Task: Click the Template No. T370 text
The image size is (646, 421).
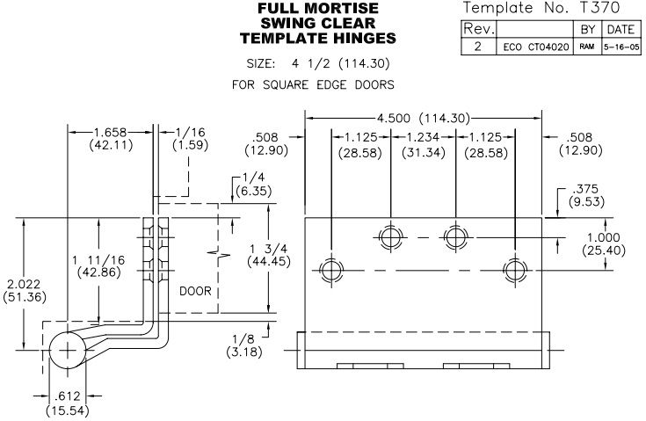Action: coord(541,7)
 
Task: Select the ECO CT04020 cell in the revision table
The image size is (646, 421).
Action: coord(536,47)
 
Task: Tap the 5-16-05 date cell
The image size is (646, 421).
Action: coord(621,47)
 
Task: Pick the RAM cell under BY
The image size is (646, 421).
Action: coord(587,47)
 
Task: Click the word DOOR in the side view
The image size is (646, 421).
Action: coord(195,291)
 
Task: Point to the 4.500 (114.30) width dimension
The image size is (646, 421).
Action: coord(424,119)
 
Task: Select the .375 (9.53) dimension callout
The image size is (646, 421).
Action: coord(587,195)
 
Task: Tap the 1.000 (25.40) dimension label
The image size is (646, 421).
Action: coord(604,243)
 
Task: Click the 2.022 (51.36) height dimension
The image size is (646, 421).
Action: coord(25,290)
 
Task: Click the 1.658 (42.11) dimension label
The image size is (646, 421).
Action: coord(111,138)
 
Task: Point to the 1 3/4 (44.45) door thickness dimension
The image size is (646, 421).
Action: coord(269,255)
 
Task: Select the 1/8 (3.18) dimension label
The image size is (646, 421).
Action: coord(244,345)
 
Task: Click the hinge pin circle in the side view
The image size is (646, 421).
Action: coord(67,350)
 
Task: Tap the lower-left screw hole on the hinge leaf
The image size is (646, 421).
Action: coord(331,271)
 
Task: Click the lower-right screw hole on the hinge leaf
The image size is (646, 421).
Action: coord(515,271)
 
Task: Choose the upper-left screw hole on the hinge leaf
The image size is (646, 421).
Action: coord(390,237)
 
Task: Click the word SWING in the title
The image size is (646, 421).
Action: coord(287,23)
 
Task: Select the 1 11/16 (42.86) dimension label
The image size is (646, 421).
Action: coord(98,266)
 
